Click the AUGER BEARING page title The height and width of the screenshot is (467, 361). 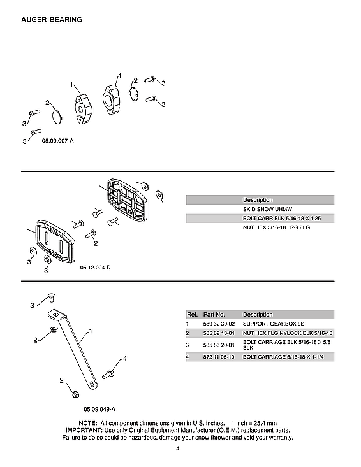(51, 20)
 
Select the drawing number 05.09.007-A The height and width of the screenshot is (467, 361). (58, 140)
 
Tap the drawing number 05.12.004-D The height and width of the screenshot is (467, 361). (95, 268)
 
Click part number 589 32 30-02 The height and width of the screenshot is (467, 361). (219, 324)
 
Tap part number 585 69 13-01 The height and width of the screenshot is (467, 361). (219, 333)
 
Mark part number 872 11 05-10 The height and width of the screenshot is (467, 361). (219, 356)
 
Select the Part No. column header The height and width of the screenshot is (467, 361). (214, 315)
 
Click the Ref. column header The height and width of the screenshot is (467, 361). (192, 315)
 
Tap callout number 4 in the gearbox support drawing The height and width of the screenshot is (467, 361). (124, 359)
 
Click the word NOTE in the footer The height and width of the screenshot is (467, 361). (87, 423)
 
